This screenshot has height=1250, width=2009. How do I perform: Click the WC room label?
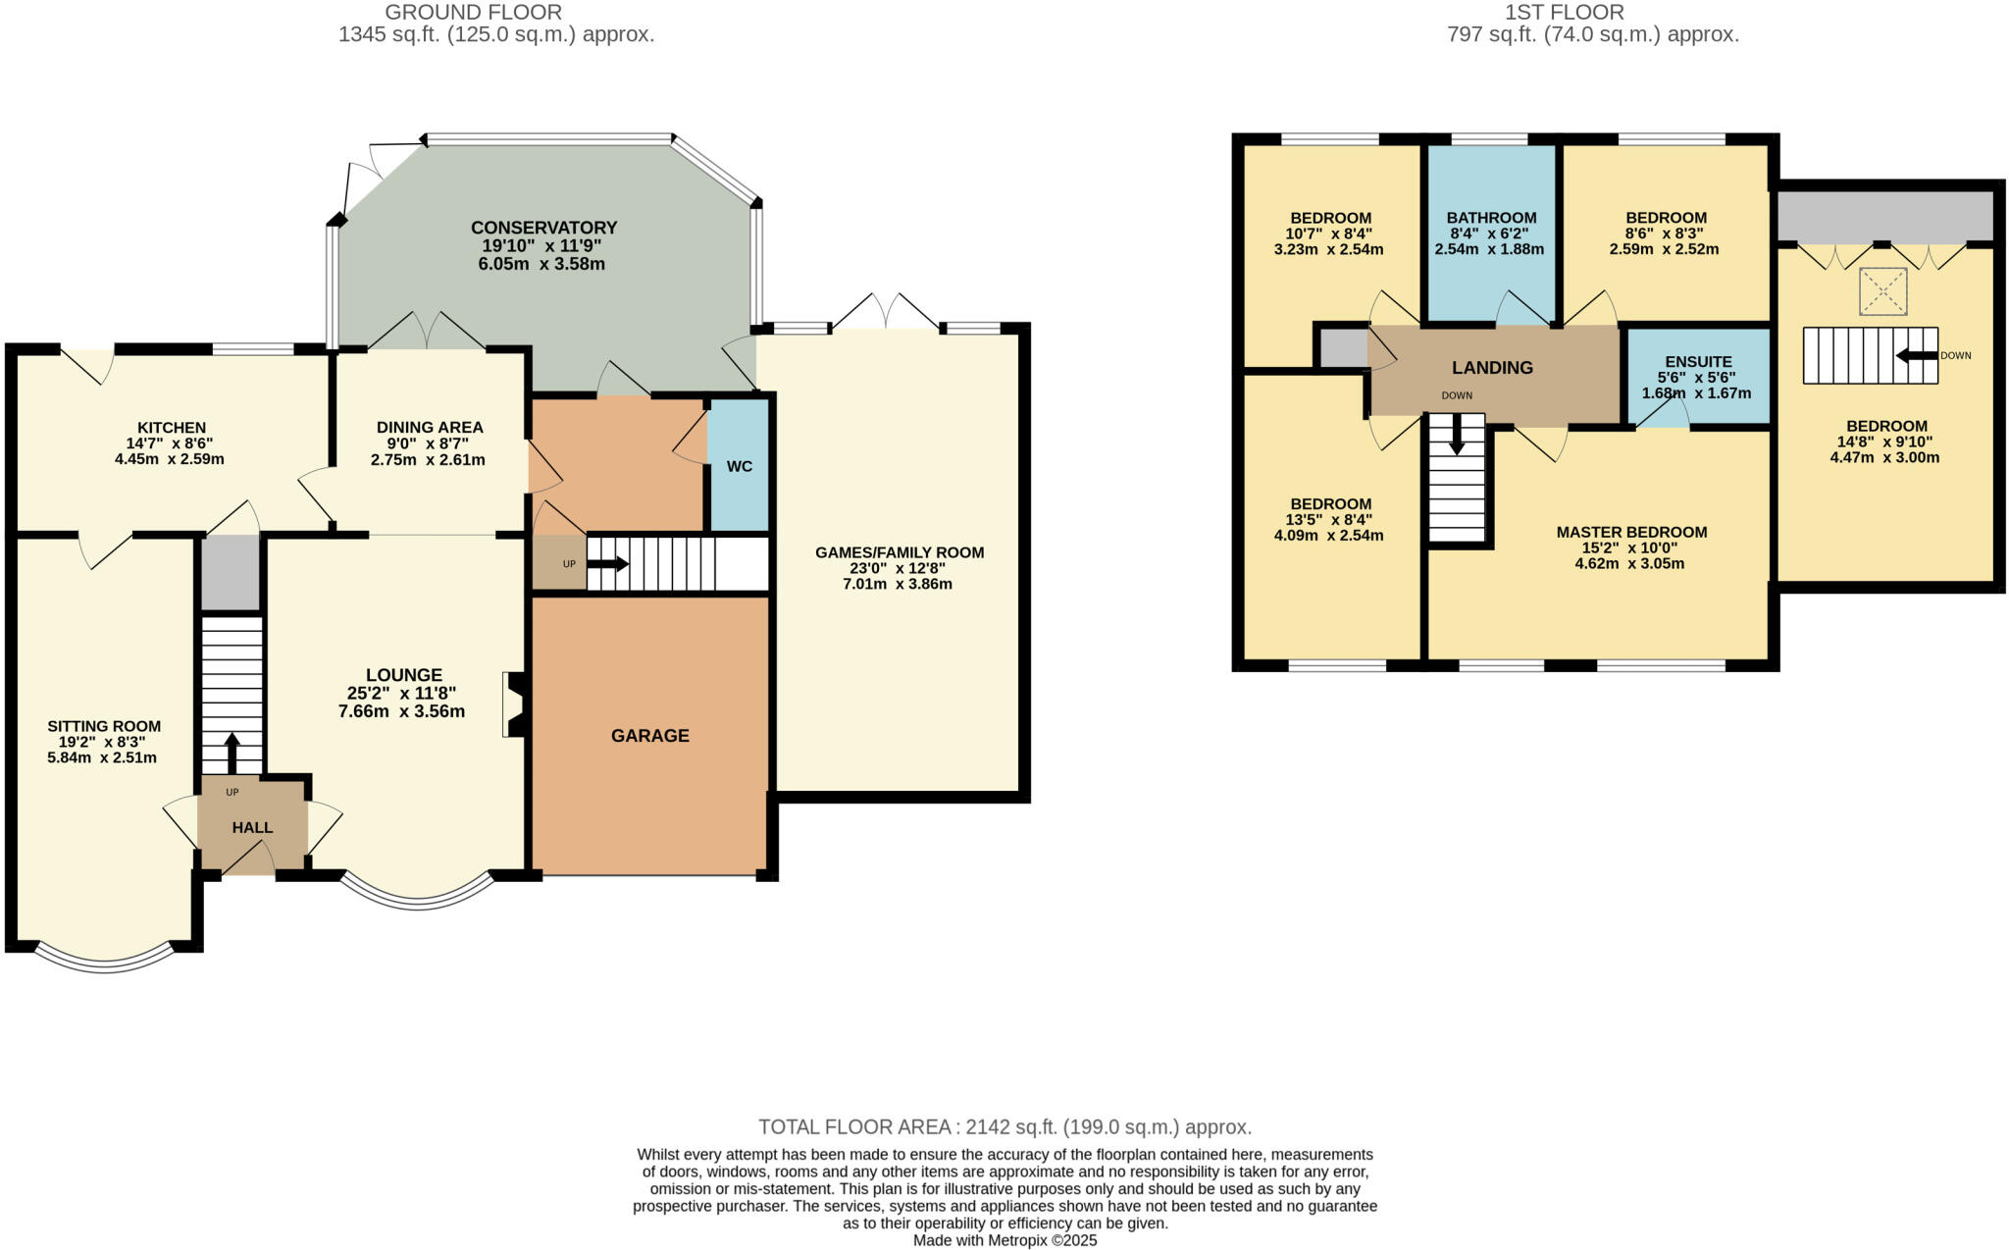click(740, 466)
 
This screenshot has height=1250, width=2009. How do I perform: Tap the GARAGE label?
click(649, 736)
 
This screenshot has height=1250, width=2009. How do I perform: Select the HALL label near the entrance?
click(252, 828)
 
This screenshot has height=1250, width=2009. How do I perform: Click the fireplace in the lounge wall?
click(515, 703)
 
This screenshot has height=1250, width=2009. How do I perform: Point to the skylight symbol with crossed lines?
click(1882, 291)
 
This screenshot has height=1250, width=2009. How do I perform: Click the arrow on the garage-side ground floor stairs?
click(608, 564)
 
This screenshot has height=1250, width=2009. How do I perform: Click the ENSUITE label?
click(1698, 362)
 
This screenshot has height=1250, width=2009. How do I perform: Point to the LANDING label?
click(1492, 368)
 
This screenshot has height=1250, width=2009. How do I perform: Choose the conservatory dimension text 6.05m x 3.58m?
click(541, 265)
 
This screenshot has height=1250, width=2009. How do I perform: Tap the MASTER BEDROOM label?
click(1631, 533)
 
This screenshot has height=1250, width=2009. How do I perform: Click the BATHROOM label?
click(1491, 218)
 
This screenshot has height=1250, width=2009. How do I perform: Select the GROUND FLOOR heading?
click(473, 13)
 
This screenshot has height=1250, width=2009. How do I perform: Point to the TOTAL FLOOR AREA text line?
click(1004, 1127)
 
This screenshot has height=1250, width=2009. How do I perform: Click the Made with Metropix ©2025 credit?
click(1004, 1240)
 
